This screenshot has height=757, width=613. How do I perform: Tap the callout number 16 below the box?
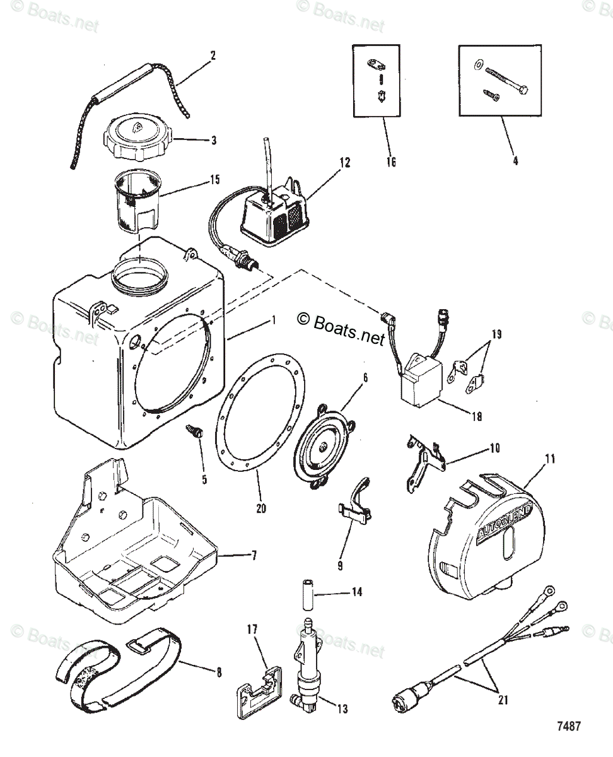[391, 162]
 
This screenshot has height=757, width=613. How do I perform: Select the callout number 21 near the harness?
[503, 699]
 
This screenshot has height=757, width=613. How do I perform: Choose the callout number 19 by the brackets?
[496, 334]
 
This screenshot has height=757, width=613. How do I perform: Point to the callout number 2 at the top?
[213, 55]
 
